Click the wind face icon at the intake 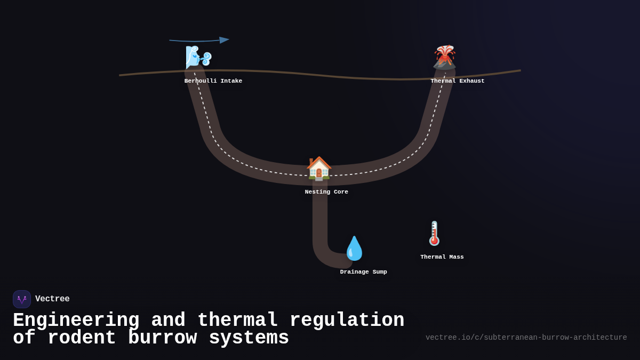[198, 57]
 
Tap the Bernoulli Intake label [213, 81]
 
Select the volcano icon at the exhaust [444, 57]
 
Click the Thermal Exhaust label [458, 81]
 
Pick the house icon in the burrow [319, 169]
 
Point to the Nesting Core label [326, 192]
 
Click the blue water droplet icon [354, 249]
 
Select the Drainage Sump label [364, 272]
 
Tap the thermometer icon [435, 234]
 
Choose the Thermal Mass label [442, 257]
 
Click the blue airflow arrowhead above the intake [225, 40]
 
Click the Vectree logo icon [22, 299]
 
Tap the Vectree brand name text [52, 299]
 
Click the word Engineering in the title [76, 321]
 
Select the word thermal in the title [238, 321]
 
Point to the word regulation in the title [347, 321]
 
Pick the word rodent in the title [82, 338]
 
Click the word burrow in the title [163, 338]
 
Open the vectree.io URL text [526, 338]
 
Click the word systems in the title [249, 338]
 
